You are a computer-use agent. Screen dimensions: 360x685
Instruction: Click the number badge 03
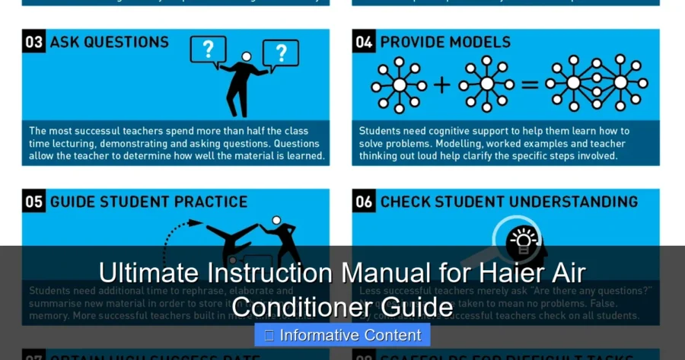[x=34, y=42]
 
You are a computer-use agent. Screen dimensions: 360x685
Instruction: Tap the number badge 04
[x=365, y=42]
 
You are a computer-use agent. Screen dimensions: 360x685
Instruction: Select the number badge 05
[x=34, y=202]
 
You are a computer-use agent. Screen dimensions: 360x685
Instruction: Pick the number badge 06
[x=365, y=202]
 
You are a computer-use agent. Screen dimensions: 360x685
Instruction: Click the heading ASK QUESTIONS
[x=109, y=42]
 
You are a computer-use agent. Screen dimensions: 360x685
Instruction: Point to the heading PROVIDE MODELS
[x=445, y=42]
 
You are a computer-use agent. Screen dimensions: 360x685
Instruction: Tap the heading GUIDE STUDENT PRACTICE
[x=148, y=202]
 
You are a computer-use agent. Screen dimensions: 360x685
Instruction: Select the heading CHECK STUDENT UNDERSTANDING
[x=508, y=202]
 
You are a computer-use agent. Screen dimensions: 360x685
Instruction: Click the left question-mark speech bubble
[x=208, y=50]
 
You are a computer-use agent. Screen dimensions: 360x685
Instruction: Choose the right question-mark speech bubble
[x=280, y=53]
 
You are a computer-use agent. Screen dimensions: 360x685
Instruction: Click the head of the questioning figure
[x=246, y=57]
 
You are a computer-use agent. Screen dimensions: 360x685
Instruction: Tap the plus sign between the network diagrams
[x=441, y=84]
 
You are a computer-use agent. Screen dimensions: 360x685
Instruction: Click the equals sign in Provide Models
[x=528, y=84]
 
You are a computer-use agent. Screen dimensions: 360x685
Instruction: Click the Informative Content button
[x=342, y=335]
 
